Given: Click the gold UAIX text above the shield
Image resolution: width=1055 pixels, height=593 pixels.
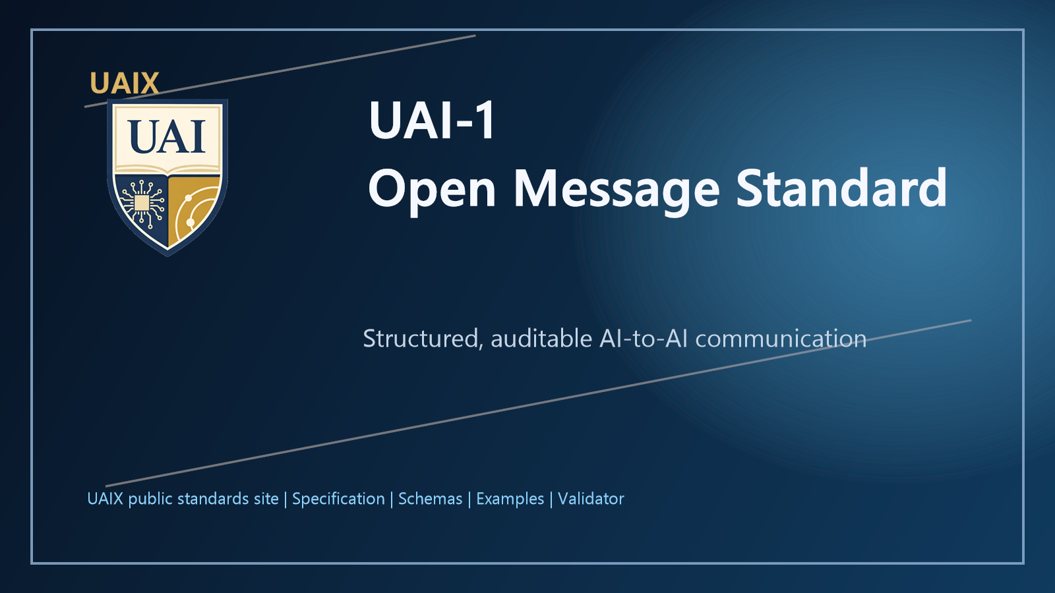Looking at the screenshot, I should (125, 84).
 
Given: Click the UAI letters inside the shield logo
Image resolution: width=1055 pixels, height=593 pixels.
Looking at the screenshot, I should (167, 137).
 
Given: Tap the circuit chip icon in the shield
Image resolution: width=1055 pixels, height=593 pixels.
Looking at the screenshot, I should (142, 202).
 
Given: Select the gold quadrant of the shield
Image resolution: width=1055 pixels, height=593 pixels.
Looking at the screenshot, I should (193, 204).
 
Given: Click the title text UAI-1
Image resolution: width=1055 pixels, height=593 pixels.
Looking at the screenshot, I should (432, 121).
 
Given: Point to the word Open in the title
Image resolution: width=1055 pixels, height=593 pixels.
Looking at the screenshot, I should (432, 189).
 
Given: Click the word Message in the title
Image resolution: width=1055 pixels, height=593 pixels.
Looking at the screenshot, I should (617, 189).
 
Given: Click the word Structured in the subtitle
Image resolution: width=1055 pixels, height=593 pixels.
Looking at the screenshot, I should (421, 339).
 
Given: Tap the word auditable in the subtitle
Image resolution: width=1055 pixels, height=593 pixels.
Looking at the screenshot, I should (541, 339).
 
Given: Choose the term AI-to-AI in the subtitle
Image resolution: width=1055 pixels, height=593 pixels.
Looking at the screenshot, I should (644, 339).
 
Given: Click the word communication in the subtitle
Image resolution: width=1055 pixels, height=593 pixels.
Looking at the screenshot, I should (781, 339).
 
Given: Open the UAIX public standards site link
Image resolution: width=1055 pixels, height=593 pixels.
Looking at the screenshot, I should (183, 499).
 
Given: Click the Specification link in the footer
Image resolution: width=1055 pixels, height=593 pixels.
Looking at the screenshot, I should (338, 499).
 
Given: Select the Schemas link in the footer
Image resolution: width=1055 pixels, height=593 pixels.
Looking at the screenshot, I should (430, 499).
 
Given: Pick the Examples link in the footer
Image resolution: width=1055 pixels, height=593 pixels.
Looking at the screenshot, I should (510, 499).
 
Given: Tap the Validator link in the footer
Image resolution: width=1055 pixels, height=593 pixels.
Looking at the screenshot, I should (591, 499).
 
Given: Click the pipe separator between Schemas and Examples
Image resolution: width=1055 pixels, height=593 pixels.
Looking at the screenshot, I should (469, 499).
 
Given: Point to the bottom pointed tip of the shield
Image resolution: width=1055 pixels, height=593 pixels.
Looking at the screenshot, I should (168, 254).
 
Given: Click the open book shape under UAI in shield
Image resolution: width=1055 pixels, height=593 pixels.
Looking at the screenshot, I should (167, 170).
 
